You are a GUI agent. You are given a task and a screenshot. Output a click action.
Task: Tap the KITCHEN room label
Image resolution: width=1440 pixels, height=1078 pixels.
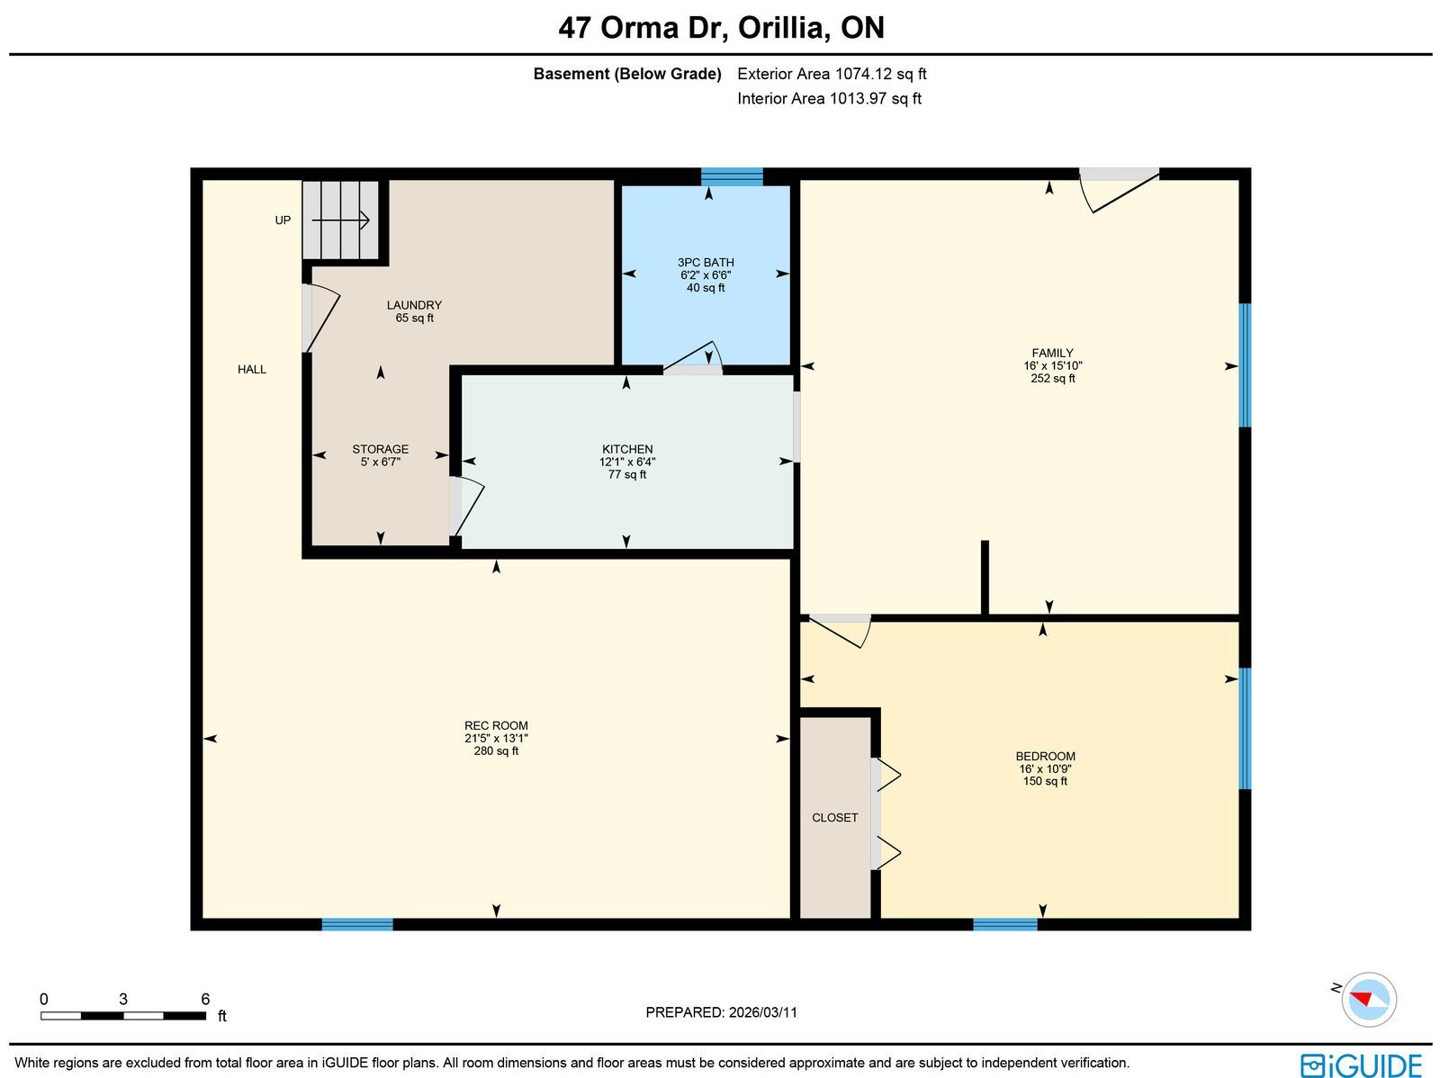[627, 449]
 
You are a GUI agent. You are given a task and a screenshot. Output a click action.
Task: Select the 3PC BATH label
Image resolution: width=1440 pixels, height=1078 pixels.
[706, 262]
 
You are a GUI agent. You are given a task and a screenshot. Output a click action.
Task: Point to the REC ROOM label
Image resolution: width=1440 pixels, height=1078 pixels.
[496, 725]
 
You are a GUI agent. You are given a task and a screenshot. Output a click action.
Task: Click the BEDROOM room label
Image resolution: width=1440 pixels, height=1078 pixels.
[1045, 756]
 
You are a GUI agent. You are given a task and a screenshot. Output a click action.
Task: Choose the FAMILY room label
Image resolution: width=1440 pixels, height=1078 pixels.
[1052, 353]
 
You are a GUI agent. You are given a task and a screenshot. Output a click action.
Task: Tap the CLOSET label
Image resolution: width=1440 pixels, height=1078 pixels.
[834, 818]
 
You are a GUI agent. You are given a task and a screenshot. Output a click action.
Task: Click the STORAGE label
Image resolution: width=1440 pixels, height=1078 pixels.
[380, 449]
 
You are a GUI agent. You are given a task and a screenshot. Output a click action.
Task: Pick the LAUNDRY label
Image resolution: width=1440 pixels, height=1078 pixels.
[414, 305]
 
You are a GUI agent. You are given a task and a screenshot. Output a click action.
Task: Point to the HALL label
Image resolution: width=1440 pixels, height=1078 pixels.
[252, 369]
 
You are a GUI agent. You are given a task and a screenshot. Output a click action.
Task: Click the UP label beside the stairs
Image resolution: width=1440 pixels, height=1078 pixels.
[283, 220]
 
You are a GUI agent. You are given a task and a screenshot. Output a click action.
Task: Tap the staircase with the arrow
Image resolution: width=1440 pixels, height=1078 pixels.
[340, 220]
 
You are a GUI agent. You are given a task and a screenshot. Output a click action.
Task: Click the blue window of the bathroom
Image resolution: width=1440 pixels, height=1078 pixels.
[732, 177]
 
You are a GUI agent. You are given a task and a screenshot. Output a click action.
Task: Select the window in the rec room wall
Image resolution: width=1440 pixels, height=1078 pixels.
[357, 924]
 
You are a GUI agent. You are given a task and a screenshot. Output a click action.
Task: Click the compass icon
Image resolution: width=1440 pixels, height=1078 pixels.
[1369, 1000]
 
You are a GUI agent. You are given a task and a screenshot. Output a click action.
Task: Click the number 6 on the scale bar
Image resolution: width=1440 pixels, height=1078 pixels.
[205, 999]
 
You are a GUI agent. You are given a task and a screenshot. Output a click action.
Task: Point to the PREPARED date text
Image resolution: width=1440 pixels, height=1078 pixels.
[721, 1012]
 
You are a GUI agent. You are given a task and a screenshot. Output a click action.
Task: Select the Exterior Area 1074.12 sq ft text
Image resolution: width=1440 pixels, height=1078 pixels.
[832, 74]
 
